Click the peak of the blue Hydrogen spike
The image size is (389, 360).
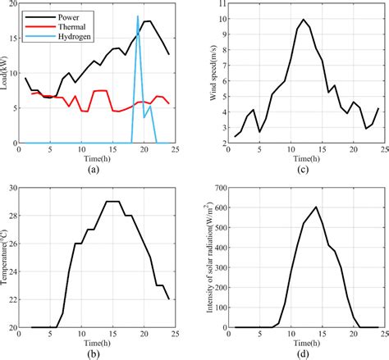pos(137,16)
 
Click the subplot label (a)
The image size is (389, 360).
pos(97,170)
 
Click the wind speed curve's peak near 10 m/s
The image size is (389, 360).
pos(303,19)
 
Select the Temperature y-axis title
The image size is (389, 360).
pos(6,258)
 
